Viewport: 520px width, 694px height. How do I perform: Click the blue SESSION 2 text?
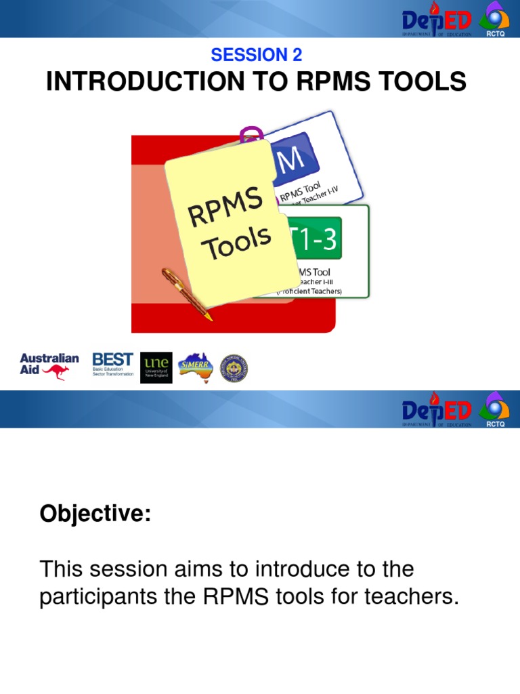pos(257,55)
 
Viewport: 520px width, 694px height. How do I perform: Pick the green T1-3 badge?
pos(314,238)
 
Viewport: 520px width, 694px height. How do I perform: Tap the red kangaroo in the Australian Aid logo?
pos(55,371)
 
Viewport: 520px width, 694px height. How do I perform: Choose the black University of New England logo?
pos(156,367)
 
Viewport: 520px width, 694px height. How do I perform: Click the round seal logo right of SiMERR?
pos(235,367)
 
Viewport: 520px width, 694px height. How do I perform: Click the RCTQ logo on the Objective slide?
pos(495,409)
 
